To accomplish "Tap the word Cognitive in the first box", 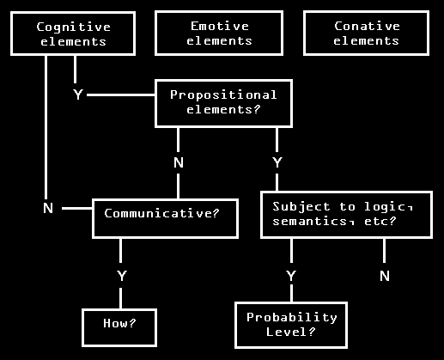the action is tap(74, 27).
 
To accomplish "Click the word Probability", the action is tap(292, 318).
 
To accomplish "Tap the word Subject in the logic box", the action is tap(301, 207).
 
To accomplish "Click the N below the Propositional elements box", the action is tap(179, 162).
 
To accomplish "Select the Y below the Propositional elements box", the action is tap(277, 162).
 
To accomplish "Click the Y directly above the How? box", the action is tap(122, 276).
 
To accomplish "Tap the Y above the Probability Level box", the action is tap(291, 276).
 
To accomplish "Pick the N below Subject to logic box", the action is tap(385, 276).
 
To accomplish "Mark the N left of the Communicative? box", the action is tap(48, 208).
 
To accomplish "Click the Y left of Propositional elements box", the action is tap(78, 95).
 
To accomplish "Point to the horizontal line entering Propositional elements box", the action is tap(121, 95).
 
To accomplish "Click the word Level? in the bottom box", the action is tap(290, 332).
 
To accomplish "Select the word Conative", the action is tap(367, 27).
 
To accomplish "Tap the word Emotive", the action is tap(220, 27).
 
